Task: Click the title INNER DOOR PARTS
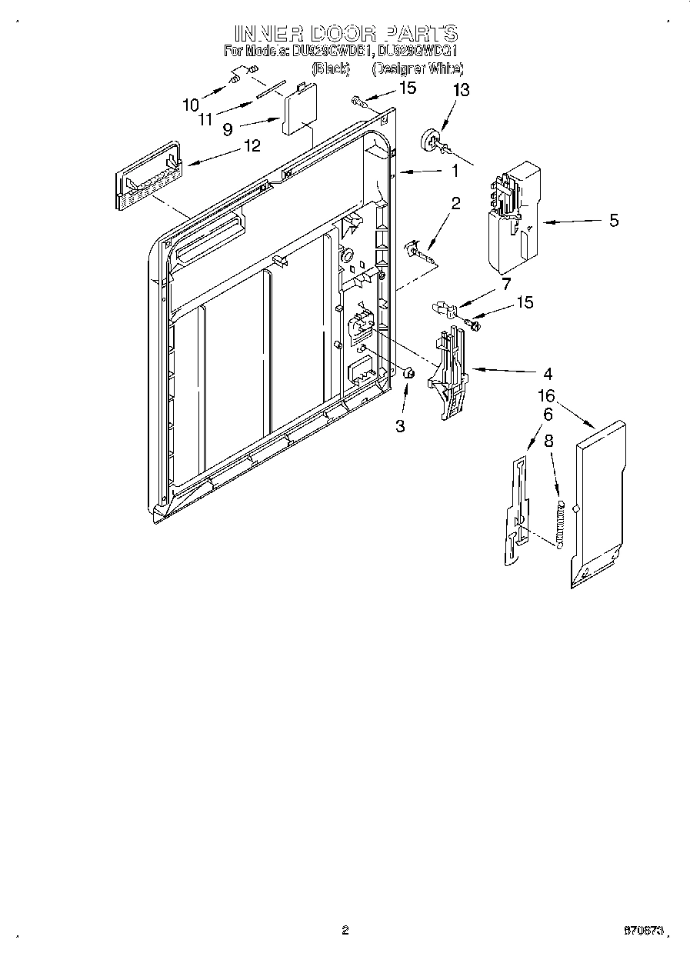[x=345, y=33]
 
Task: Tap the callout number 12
[x=252, y=145]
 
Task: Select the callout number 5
[x=613, y=221]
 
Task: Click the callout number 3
[x=400, y=425]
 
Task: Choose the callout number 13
[x=460, y=90]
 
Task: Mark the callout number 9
[x=228, y=130]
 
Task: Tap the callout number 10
[x=190, y=104]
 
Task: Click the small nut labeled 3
[x=409, y=374]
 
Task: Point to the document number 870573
[x=645, y=931]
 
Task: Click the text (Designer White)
[x=418, y=69]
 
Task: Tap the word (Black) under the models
[x=330, y=69]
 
